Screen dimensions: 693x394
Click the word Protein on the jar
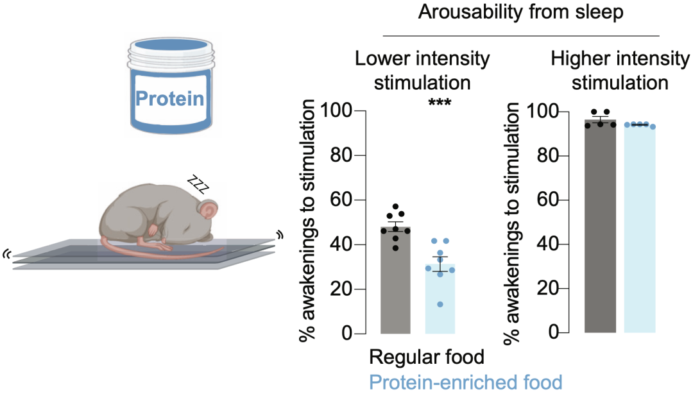coord(169,99)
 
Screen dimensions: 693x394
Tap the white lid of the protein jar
coord(171,53)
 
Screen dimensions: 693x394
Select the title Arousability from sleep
coord(520,12)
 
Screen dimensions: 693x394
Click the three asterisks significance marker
coord(440,103)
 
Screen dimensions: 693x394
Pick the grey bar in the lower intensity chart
coord(395,280)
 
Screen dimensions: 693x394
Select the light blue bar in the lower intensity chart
coord(440,299)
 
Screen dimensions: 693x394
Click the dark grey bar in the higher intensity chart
coord(600,226)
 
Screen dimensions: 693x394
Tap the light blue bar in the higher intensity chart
coord(640,228)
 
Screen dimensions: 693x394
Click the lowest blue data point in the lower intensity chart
coord(440,304)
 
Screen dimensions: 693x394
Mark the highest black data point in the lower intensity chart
coord(395,207)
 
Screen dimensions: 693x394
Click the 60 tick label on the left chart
coord(341,200)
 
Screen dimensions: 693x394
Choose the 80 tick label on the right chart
coord(548,156)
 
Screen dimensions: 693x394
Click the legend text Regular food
coord(427,357)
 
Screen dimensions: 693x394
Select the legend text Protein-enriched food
coord(465,382)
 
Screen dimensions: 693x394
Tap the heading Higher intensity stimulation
coord(620,71)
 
